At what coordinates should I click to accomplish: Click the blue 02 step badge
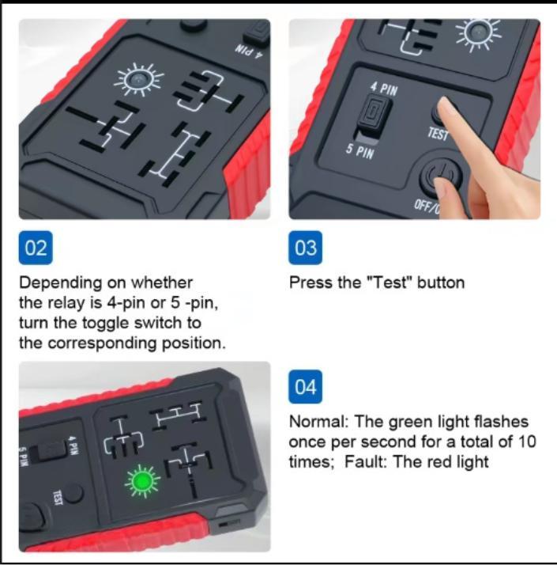click(x=36, y=248)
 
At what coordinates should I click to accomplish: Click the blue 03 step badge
click(x=306, y=248)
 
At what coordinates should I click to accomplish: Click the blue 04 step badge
click(x=306, y=387)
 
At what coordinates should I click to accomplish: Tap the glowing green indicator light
click(x=141, y=481)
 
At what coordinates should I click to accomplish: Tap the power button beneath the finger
click(x=440, y=175)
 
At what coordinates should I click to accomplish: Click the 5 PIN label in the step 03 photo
click(x=360, y=151)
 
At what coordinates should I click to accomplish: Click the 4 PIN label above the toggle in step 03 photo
click(x=385, y=89)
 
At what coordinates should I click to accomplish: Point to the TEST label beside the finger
click(x=438, y=134)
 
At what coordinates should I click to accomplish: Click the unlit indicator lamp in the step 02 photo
click(x=138, y=79)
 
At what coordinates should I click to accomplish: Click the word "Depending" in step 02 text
click(x=61, y=283)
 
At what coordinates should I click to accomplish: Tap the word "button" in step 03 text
click(x=441, y=282)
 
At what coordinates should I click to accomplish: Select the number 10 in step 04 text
click(x=527, y=442)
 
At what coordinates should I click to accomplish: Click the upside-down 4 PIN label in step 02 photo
click(x=250, y=51)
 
